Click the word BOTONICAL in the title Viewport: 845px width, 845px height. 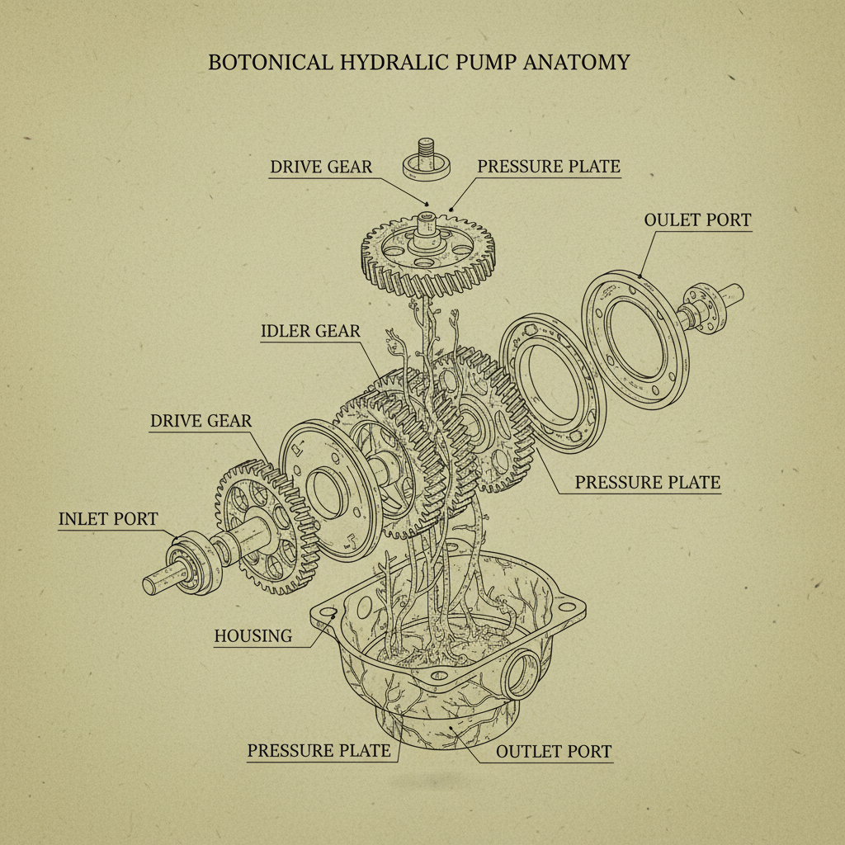(x=271, y=63)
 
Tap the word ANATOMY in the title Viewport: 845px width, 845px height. (x=576, y=63)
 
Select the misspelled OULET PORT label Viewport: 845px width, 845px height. (x=697, y=220)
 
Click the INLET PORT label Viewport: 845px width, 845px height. (x=108, y=519)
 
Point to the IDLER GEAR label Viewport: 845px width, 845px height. (x=310, y=331)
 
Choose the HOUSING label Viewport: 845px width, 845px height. (x=253, y=636)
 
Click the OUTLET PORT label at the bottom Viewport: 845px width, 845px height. (x=554, y=752)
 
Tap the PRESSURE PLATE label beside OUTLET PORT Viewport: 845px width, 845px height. (x=319, y=751)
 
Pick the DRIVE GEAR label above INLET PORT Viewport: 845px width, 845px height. (x=201, y=421)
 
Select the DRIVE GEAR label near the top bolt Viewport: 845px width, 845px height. (x=321, y=167)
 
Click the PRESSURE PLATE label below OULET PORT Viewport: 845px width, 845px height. (x=647, y=482)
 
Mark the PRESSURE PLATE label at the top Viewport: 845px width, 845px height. (x=549, y=167)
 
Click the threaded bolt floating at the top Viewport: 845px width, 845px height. (x=427, y=159)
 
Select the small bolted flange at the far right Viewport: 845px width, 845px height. (x=705, y=308)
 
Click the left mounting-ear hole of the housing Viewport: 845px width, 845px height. (x=328, y=613)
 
